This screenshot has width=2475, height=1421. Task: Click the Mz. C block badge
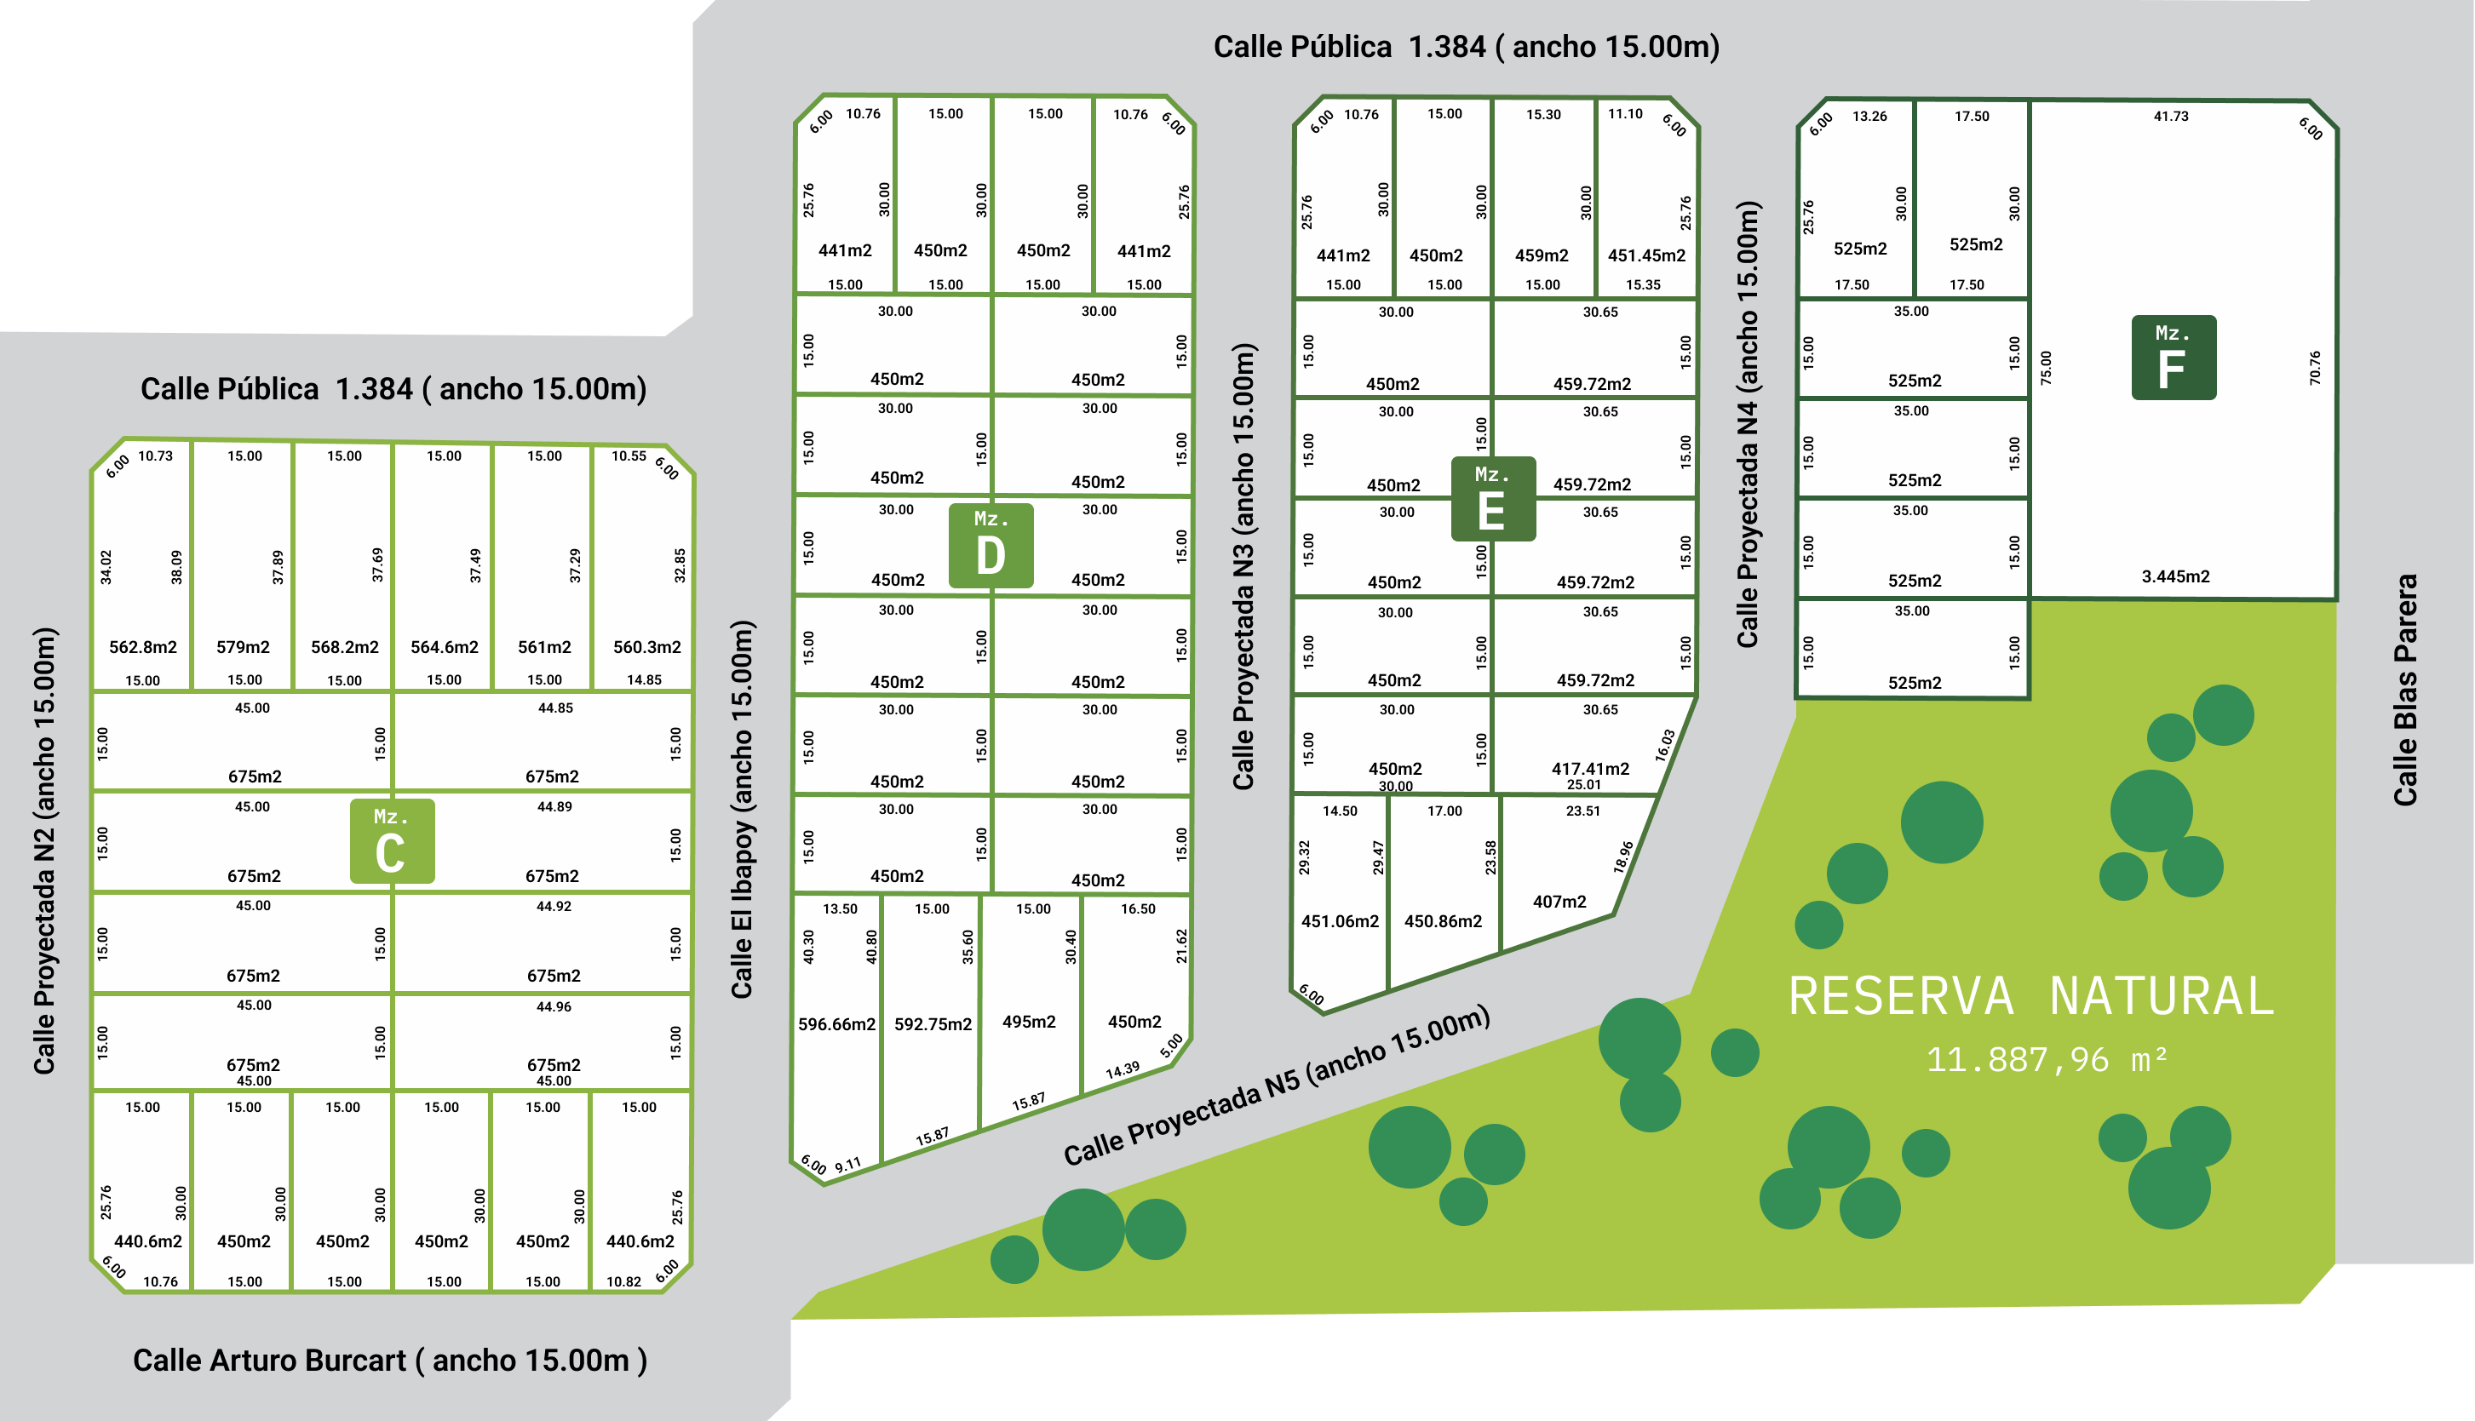click(392, 841)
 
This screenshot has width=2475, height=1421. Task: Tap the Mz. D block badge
click(991, 545)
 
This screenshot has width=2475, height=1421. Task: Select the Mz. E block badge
click(1492, 499)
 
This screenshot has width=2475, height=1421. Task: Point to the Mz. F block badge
click(2173, 358)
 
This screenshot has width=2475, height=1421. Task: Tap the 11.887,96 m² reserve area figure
click(2046, 1060)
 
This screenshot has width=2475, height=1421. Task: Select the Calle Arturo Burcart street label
click(389, 1360)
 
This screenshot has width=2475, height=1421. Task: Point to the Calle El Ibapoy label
click(743, 809)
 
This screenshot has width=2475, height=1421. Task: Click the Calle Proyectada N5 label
click(1277, 1086)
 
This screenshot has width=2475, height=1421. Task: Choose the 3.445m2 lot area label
click(2175, 576)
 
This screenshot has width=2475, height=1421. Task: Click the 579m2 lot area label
click(243, 647)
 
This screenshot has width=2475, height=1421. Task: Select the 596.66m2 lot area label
click(836, 1023)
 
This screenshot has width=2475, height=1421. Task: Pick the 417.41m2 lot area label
click(1590, 768)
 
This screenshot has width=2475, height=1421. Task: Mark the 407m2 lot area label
click(1559, 901)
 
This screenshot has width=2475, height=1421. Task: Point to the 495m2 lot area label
click(1029, 1021)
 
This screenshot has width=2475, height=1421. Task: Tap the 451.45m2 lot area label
click(1646, 255)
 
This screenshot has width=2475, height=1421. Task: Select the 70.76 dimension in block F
click(2315, 368)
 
